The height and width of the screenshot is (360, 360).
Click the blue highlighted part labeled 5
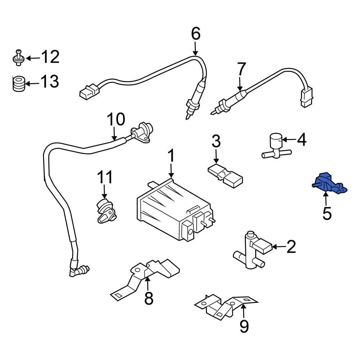click(328, 183)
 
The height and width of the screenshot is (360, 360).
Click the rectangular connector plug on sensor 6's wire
click(87, 92)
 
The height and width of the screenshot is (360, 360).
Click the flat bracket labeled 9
click(227, 306)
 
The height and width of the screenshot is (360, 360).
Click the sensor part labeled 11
click(105, 210)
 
